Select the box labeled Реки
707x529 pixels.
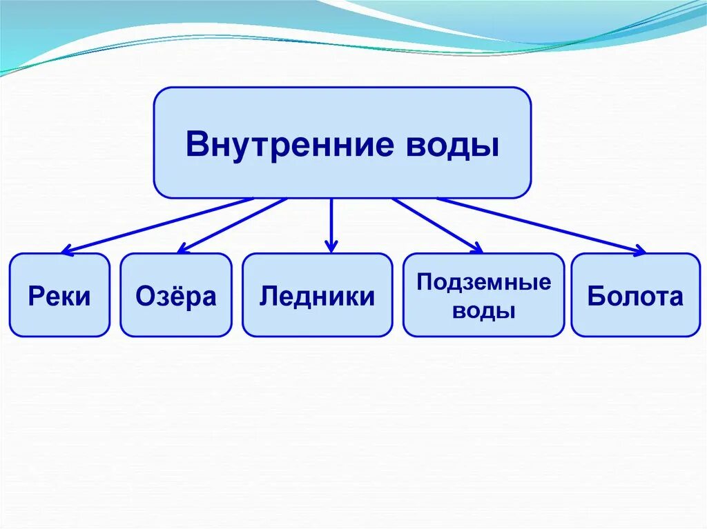(x=59, y=295)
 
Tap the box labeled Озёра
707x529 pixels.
(x=176, y=295)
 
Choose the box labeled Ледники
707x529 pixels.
(x=318, y=295)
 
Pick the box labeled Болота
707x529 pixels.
(x=635, y=295)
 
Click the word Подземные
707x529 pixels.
(x=484, y=282)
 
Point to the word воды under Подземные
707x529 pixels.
(x=484, y=310)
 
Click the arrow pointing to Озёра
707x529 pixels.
(x=231, y=225)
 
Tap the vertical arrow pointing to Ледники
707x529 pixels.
(x=331, y=224)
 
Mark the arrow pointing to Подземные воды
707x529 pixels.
(x=437, y=225)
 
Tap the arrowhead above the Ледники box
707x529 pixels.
(x=331, y=246)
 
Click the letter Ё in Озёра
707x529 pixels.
(x=173, y=295)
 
